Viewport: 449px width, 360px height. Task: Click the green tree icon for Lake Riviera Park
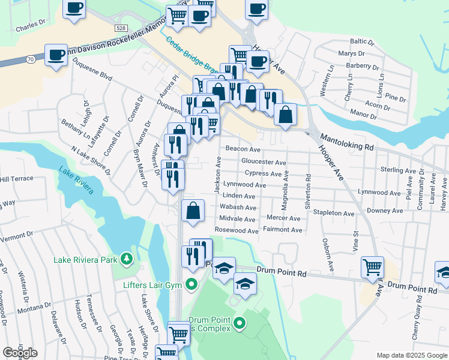(126, 259)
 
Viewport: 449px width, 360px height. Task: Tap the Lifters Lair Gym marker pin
(192, 284)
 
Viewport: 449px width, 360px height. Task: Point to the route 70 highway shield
(30, 59)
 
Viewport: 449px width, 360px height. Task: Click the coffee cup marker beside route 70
(56, 55)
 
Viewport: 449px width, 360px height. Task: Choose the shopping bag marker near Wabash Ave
(193, 211)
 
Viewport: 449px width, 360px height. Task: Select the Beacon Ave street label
(243, 149)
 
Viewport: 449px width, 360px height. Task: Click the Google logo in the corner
(20, 353)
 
